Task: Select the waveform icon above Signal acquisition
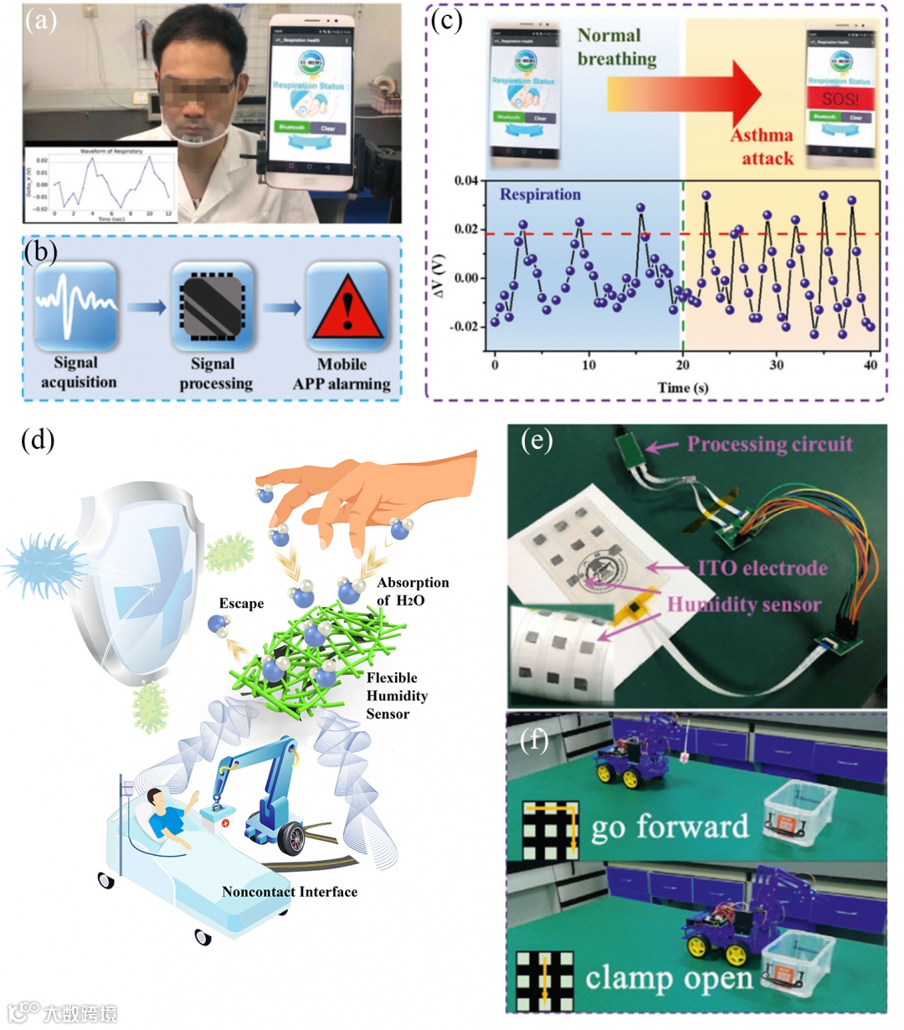coord(75,306)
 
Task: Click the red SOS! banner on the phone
coord(840,99)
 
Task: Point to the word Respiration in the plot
coord(540,194)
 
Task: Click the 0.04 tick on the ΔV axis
coord(465,181)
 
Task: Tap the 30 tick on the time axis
coord(777,364)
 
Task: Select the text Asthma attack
coord(763,146)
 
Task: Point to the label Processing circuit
coord(769,444)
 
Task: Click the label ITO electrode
coord(763,568)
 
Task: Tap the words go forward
coord(670,827)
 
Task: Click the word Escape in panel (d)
coord(241,603)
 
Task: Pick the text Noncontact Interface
coord(290,891)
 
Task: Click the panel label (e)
coord(536,439)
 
